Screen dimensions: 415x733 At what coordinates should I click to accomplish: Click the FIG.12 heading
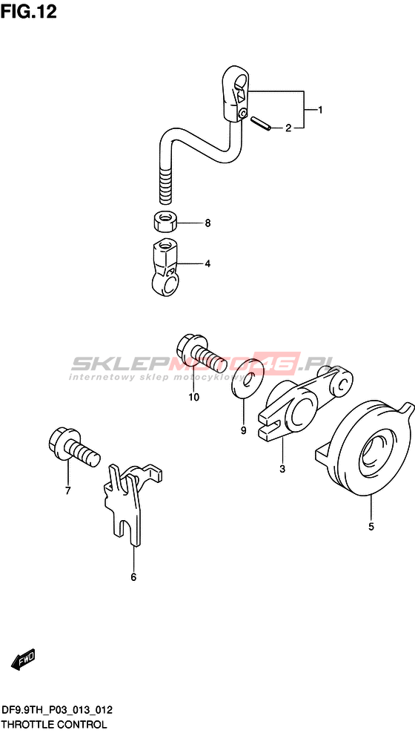click(x=28, y=11)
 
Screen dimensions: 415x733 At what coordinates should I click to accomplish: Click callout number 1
click(x=320, y=111)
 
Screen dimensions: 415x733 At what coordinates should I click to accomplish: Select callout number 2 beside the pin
click(x=288, y=128)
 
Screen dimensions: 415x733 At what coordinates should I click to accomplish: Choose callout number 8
click(x=207, y=223)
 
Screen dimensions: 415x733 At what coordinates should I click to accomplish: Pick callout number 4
click(x=207, y=264)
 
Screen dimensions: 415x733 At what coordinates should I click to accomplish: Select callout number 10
click(x=193, y=398)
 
